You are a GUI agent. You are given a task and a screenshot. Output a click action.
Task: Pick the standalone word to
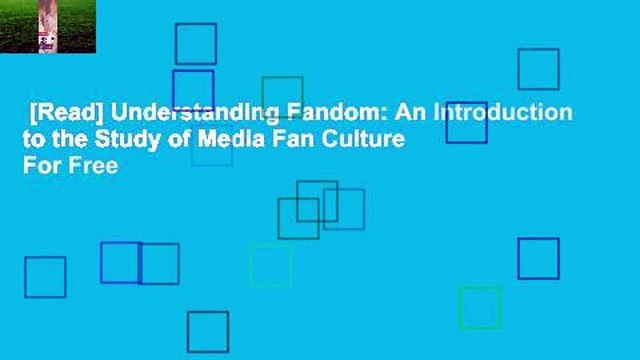(x=32, y=140)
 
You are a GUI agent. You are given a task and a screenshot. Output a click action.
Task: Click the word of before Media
(x=174, y=140)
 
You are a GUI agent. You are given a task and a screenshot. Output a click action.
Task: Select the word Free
(x=92, y=167)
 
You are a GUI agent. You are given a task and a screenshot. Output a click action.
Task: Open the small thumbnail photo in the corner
(x=48, y=26)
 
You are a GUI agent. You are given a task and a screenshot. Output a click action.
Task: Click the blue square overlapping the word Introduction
(x=466, y=121)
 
